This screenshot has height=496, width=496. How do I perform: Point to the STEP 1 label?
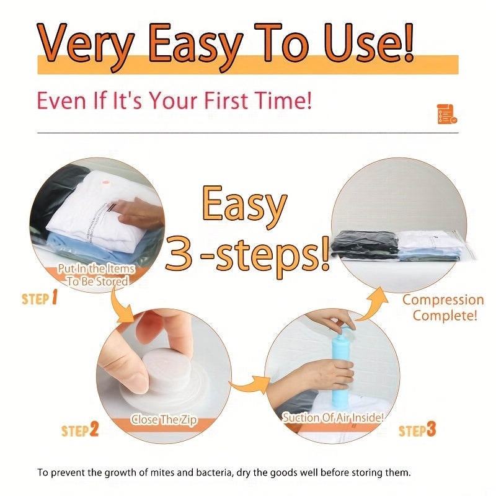point(40,298)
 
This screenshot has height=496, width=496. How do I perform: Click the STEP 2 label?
point(80,430)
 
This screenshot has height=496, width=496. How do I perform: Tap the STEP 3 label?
point(417,430)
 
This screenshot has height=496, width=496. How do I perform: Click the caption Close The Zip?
point(164,420)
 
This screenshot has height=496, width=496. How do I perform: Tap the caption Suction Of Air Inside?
point(333,417)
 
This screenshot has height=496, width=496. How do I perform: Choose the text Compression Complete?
point(443,308)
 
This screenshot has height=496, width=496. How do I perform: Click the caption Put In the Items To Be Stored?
point(97,275)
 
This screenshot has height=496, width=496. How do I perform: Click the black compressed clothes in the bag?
point(365,244)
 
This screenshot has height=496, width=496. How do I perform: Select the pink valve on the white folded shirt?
point(104,183)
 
